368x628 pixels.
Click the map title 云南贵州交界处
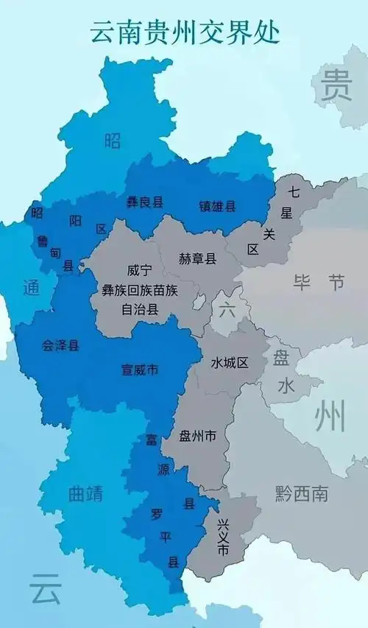pos(185,33)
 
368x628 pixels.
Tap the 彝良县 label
pos(145,202)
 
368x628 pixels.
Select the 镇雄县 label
pos(217,207)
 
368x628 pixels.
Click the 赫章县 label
pos(197,258)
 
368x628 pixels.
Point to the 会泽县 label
pos(60,345)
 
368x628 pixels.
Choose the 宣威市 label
pos(140,370)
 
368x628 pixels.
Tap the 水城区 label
pos(230,363)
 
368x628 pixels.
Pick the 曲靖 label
pos(86,494)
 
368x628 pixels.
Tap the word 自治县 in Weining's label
pos(140,309)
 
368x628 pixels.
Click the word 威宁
pos(139,270)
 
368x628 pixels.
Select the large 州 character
pos(330,417)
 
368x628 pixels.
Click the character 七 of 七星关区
pos(294,193)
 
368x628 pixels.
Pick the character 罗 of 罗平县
pos(156,513)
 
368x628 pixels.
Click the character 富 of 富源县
pos(151,440)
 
